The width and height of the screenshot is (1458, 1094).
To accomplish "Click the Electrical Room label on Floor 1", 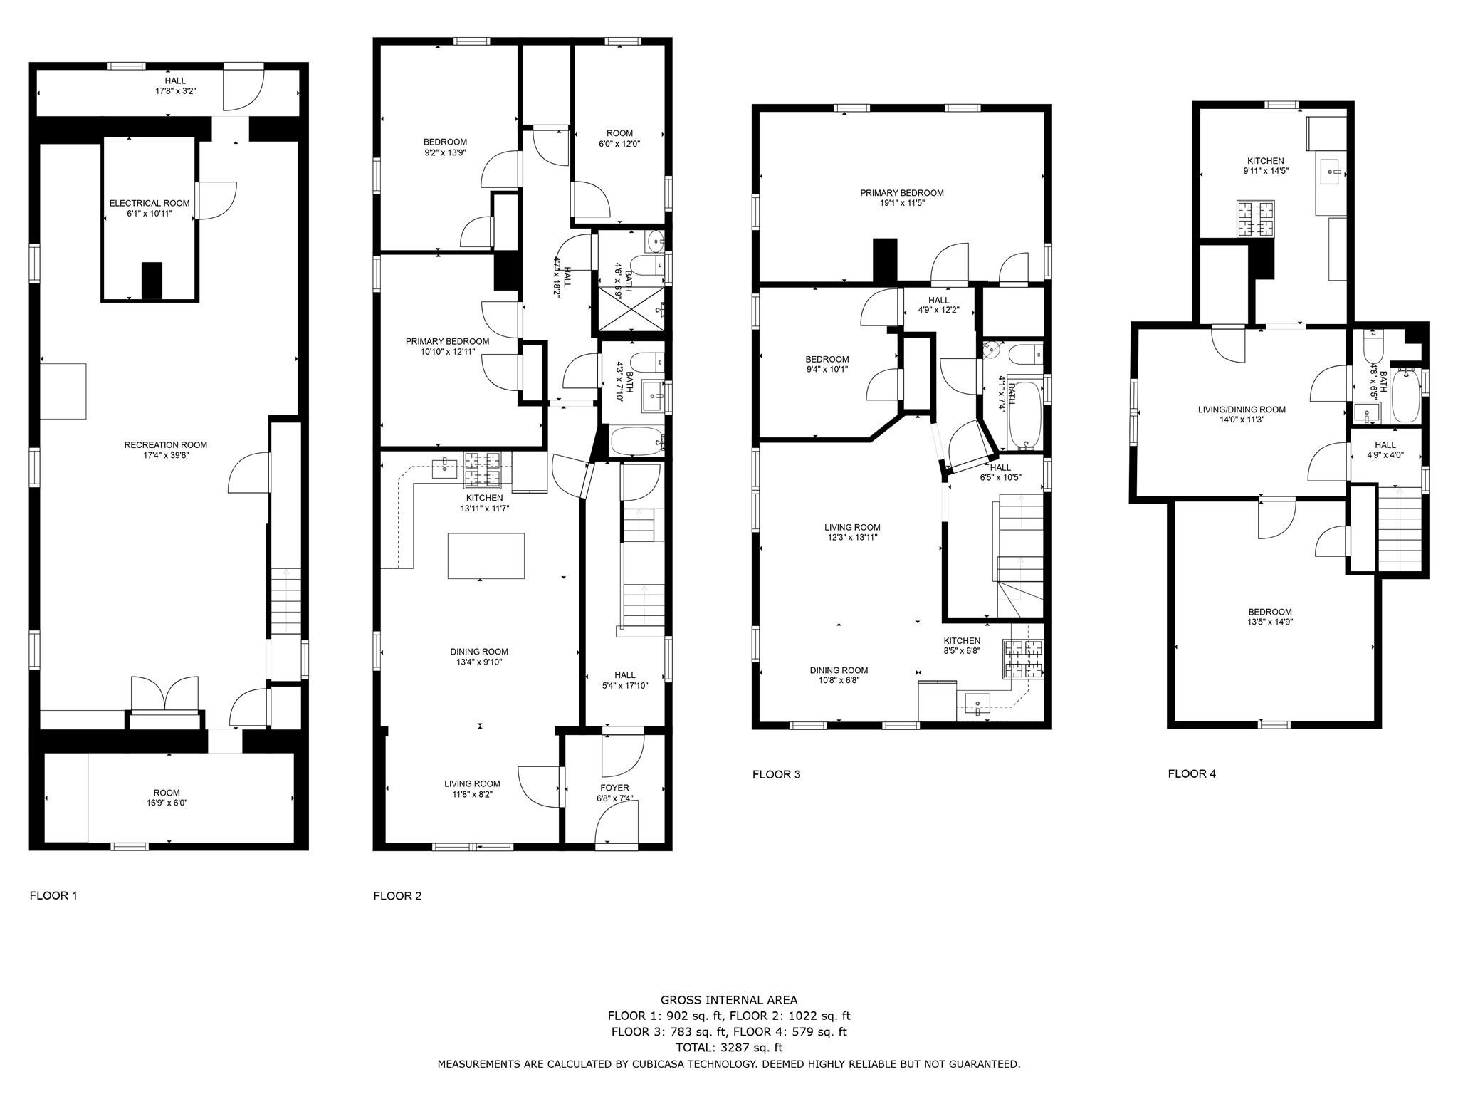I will click(x=150, y=204).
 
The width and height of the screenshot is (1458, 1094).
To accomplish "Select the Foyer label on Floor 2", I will click(x=614, y=788).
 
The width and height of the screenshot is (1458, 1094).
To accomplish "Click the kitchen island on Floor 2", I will click(x=486, y=556).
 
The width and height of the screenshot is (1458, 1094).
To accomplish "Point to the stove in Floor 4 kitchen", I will click(x=1255, y=219).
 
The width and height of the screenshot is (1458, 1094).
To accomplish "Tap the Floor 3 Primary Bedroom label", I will click(x=901, y=193).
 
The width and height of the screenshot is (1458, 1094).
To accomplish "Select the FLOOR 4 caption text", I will click(x=1192, y=773).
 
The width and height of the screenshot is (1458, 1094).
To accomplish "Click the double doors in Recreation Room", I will click(x=165, y=694).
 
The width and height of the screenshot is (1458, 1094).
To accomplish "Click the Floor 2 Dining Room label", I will click(x=479, y=652).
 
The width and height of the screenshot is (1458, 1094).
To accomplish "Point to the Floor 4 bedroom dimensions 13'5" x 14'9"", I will click(x=1270, y=622).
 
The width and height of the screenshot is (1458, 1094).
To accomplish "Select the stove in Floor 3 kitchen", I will click(x=1023, y=658).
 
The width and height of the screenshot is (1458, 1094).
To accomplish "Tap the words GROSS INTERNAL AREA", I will click(x=729, y=1000).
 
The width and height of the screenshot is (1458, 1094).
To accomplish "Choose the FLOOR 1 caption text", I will click(x=53, y=895).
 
